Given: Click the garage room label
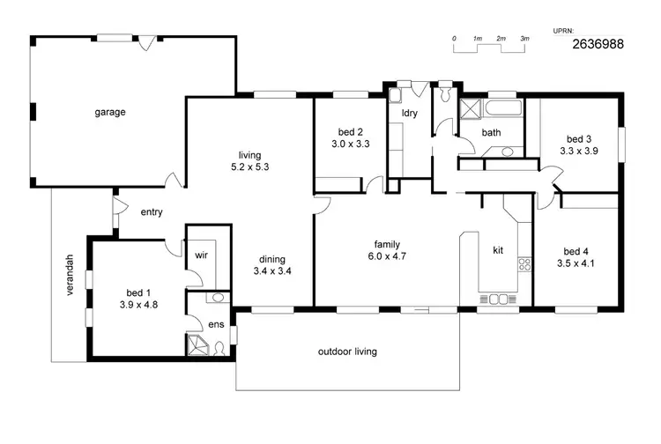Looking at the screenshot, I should (111, 112).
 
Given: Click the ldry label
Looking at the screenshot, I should (409, 114).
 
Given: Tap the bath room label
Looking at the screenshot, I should (491, 133).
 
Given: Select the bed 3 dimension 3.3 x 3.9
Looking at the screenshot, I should (578, 151).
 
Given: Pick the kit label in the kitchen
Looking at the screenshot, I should (497, 251).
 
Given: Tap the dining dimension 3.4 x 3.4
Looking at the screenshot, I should (271, 270).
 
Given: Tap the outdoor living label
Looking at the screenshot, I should (347, 351).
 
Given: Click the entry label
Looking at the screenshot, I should (152, 211).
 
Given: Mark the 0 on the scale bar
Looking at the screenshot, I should (454, 39).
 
